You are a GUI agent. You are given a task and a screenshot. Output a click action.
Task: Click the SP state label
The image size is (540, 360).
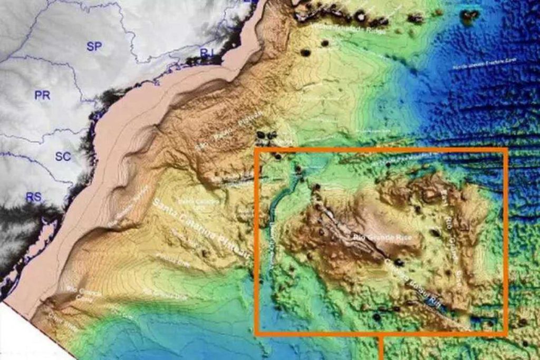click(94, 46)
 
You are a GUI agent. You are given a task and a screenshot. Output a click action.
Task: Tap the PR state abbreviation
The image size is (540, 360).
click(42, 95)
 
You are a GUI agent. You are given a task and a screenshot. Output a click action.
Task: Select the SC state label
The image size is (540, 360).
click(63, 157)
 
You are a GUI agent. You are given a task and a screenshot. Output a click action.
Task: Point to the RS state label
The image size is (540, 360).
click(33, 197)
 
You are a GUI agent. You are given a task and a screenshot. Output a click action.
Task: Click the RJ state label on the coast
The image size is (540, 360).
click(207, 52)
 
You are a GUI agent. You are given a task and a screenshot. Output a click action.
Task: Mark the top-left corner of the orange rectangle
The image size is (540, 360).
click(256, 150)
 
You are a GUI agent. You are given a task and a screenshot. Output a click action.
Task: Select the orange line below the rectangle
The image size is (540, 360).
click(381, 348)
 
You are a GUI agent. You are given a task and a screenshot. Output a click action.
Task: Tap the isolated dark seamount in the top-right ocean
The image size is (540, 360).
click(469, 16)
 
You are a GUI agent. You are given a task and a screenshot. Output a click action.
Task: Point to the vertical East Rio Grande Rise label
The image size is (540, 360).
click(453, 227)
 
